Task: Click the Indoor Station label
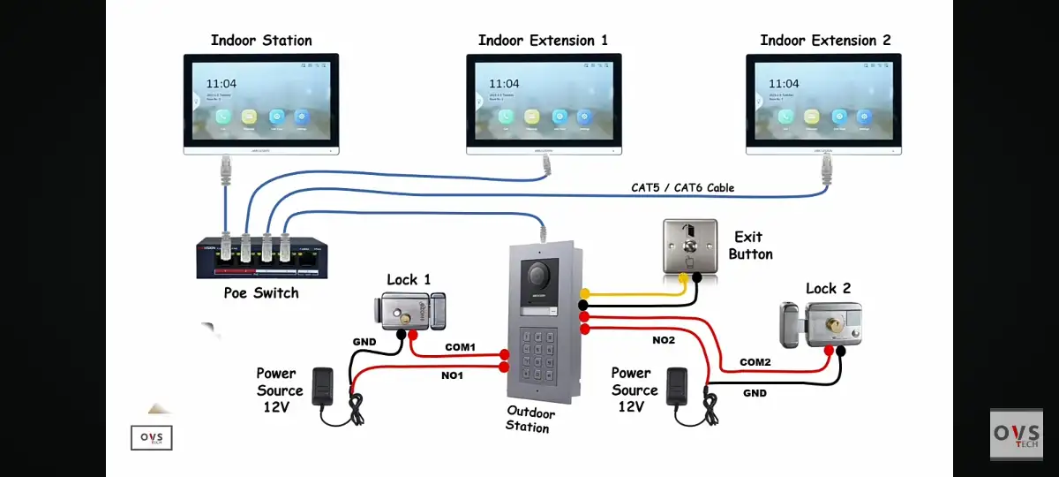tap(261, 41)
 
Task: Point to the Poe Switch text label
tap(260, 292)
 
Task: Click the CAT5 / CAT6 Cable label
tap(682, 187)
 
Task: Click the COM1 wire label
tap(459, 347)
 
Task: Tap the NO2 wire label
tap(664, 339)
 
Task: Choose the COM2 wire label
tap(755, 362)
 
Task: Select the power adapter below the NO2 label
tap(678, 385)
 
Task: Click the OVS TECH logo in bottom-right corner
tap(1016, 434)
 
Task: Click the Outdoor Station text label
tap(530, 420)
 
